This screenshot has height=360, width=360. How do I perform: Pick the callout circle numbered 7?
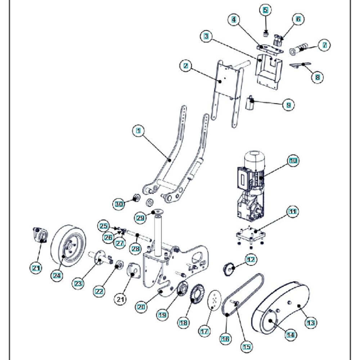[324, 45]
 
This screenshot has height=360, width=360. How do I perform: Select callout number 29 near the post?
[140, 217]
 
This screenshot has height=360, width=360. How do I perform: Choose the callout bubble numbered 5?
[265, 10]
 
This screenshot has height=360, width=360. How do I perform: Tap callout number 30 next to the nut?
[119, 204]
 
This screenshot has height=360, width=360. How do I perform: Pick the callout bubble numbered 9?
[288, 105]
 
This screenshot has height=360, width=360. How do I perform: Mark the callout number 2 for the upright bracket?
[185, 66]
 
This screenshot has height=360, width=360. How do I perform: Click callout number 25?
[104, 226]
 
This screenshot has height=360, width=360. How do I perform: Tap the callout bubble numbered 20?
[141, 306]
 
